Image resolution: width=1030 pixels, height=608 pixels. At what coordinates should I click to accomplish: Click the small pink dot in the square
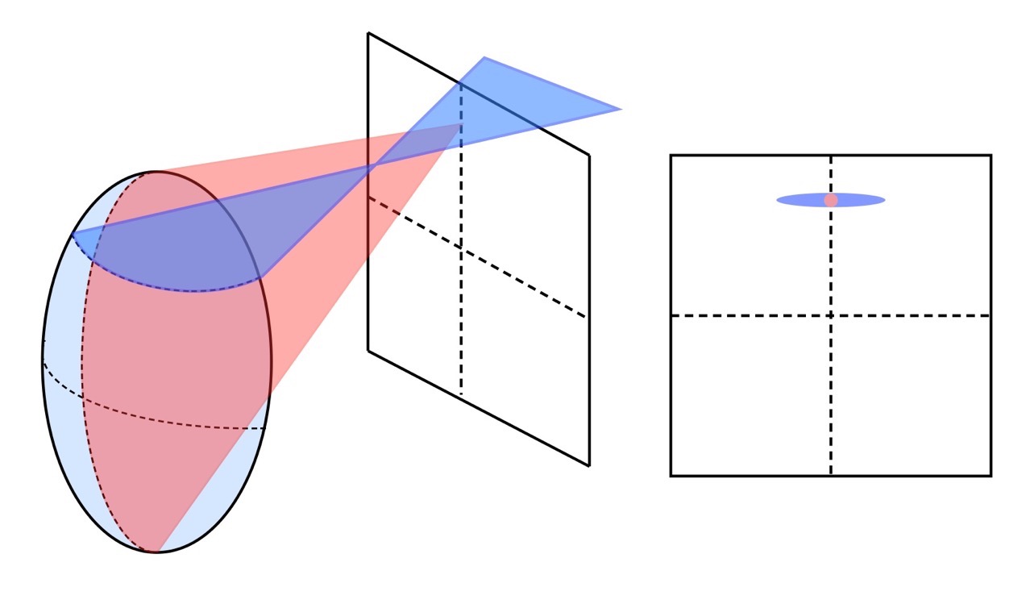(831, 199)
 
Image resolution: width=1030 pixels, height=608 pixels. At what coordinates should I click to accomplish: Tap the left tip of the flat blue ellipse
(778, 199)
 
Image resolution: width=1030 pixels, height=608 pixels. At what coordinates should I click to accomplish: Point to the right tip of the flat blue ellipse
(885, 199)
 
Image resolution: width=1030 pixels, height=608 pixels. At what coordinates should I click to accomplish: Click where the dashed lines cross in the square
(831, 315)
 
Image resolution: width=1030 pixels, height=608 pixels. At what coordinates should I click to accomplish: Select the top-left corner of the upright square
(671, 155)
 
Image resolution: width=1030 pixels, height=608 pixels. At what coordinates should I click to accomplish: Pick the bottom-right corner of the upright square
(991, 476)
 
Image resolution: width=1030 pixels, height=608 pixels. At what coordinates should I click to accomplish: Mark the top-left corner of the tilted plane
(368, 33)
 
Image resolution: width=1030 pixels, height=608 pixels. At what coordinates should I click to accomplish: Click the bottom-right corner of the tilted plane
(589, 465)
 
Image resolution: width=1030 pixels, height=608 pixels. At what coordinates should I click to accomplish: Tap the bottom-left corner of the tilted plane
(368, 351)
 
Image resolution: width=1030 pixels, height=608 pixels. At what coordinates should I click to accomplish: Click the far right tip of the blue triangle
(621, 109)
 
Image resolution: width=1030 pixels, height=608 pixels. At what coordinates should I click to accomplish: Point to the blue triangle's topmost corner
(484, 57)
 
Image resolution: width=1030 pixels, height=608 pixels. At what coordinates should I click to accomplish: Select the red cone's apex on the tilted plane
(461, 125)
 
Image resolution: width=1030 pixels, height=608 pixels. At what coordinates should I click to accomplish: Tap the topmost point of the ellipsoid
(155, 171)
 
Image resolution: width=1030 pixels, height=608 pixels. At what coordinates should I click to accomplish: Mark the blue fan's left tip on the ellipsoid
(72, 234)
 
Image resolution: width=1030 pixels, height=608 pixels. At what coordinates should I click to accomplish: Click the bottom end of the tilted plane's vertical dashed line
(461, 394)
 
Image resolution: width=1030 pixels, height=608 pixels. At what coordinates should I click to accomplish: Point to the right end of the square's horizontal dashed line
(990, 315)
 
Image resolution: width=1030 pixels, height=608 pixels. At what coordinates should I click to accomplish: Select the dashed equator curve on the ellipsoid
(153, 418)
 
